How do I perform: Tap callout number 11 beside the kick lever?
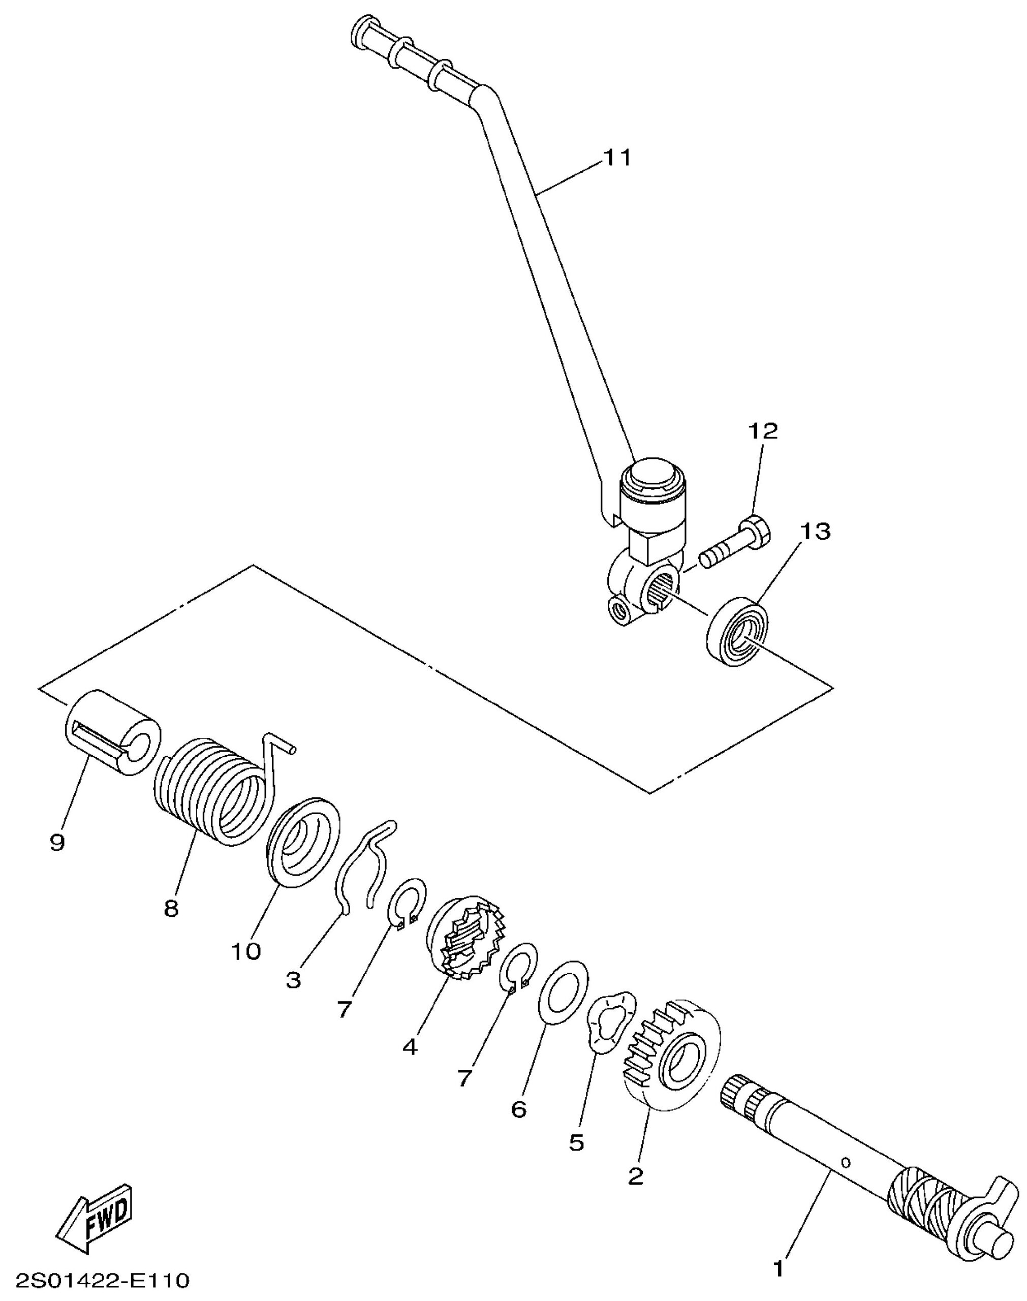pos(617,158)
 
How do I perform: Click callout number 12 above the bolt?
pos(762,430)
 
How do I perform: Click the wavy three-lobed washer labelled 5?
pos(610,1022)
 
